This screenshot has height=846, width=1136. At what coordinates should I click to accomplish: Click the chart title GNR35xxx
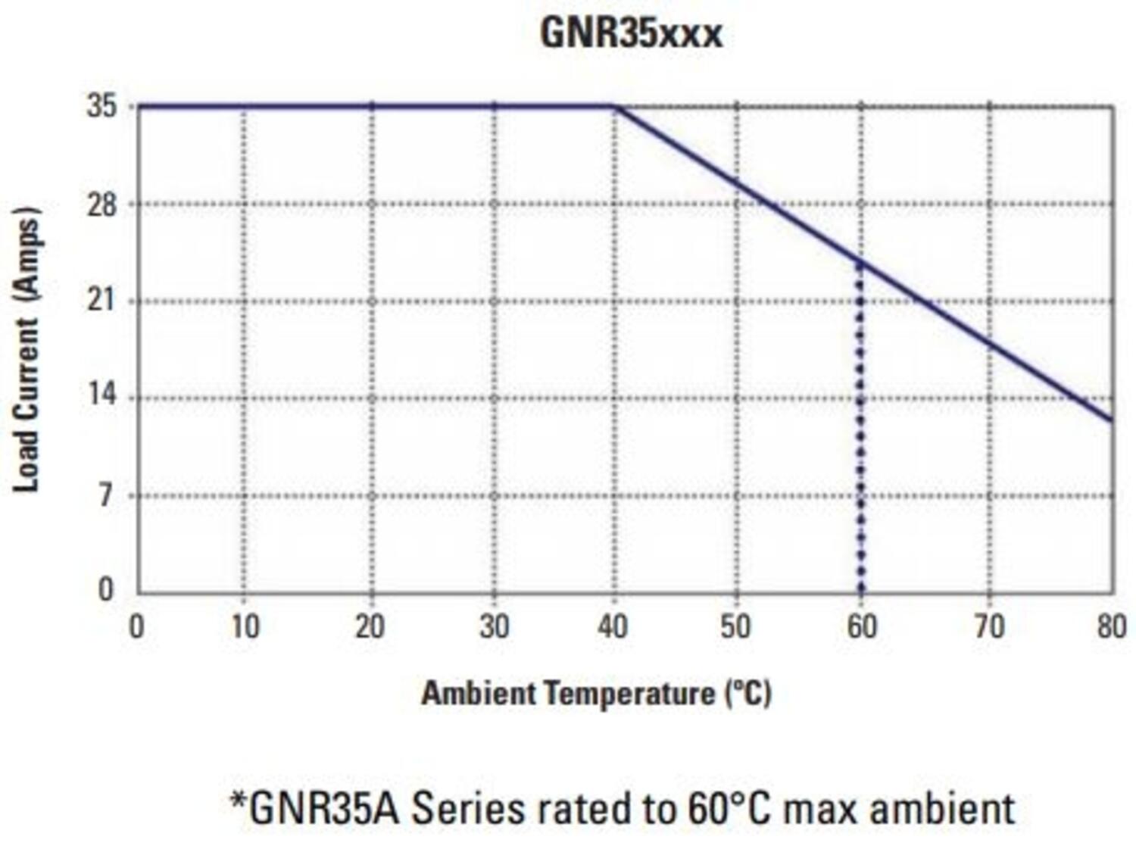(x=631, y=33)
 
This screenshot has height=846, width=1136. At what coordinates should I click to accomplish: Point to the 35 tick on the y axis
(x=102, y=106)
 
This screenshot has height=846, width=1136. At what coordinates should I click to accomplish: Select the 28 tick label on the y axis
(x=102, y=204)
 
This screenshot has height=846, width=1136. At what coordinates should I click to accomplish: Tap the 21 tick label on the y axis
(x=102, y=301)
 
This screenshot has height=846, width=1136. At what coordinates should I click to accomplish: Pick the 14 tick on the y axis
(x=102, y=395)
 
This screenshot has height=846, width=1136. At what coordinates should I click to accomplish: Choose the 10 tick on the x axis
(x=245, y=627)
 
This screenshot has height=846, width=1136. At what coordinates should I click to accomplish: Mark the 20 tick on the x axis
(x=370, y=627)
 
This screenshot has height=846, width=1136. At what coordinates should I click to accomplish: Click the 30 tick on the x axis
(x=494, y=627)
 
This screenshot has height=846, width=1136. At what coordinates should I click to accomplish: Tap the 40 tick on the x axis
(x=613, y=627)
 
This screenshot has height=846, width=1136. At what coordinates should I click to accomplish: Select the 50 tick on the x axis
(x=735, y=627)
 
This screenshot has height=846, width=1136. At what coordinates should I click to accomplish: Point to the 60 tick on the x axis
(x=861, y=627)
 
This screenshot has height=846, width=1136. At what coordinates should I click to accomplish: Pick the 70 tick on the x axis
(x=989, y=627)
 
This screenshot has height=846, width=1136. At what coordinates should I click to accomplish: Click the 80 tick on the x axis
(x=1111, y=627)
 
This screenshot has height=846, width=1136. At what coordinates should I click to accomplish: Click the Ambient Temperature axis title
(x=596, y=693)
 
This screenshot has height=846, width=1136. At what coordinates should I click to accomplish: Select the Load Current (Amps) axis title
(x=27, y=348)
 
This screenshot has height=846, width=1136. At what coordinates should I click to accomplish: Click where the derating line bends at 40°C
(x=615, y=107)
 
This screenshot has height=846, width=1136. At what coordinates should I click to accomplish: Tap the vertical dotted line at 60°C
(x=860, y=424)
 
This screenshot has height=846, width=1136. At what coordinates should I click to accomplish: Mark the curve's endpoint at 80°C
(x=1112, y=420)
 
